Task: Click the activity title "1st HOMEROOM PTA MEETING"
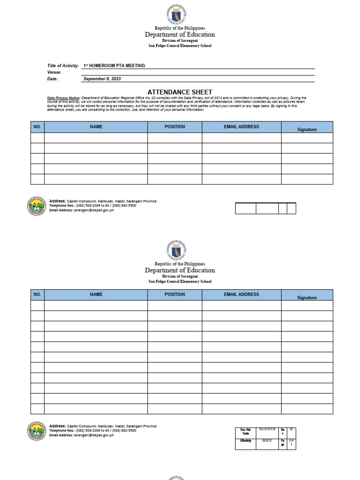[x=114, y=66]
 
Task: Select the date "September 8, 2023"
[x=102, y=79]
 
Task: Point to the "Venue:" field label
[x=54, y=72]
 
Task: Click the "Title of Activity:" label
[x=63, y=66]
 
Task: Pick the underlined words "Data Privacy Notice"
[x=63, y=97]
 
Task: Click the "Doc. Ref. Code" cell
[x=245, y=431]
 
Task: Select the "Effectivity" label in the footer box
[x=245, y=441]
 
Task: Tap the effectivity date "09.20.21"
[x=267, y=441]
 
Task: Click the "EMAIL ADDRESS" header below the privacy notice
[x=241, y=127]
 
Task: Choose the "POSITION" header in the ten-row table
[x=174, y=294]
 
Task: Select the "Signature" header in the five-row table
[x=307, y=129]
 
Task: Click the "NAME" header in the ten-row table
[x=96, y=294]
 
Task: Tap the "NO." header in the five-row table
[x=37, y=127]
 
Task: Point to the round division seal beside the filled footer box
[x=37, y=431]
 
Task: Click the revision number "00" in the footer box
[x=291, y=429]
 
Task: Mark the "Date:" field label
[x=52, y=79]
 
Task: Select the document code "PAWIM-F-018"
[x=267, y=429]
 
